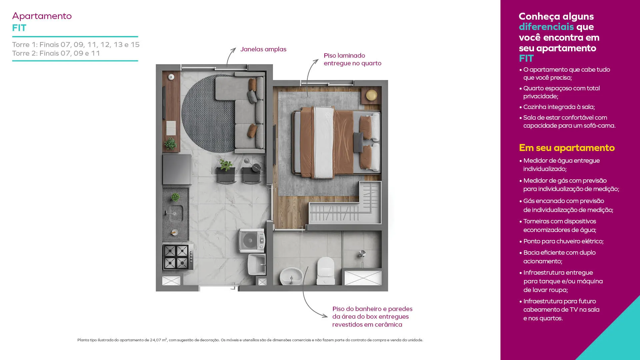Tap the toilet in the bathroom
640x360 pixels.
(326, 271)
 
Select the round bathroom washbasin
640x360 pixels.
(291, 276)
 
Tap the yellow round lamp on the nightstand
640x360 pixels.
(371, 95)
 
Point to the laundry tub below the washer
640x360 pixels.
(257, 264)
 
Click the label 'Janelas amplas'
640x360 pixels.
(263, 49)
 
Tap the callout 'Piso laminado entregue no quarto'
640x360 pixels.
(352, 59)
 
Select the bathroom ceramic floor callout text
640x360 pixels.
(372, 317)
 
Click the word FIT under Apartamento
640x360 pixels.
(19, 28)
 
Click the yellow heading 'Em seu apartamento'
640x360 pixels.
(567, 148)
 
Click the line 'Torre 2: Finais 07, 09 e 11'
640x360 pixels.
(56, 53)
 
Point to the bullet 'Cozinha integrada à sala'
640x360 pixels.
(557, 107)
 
